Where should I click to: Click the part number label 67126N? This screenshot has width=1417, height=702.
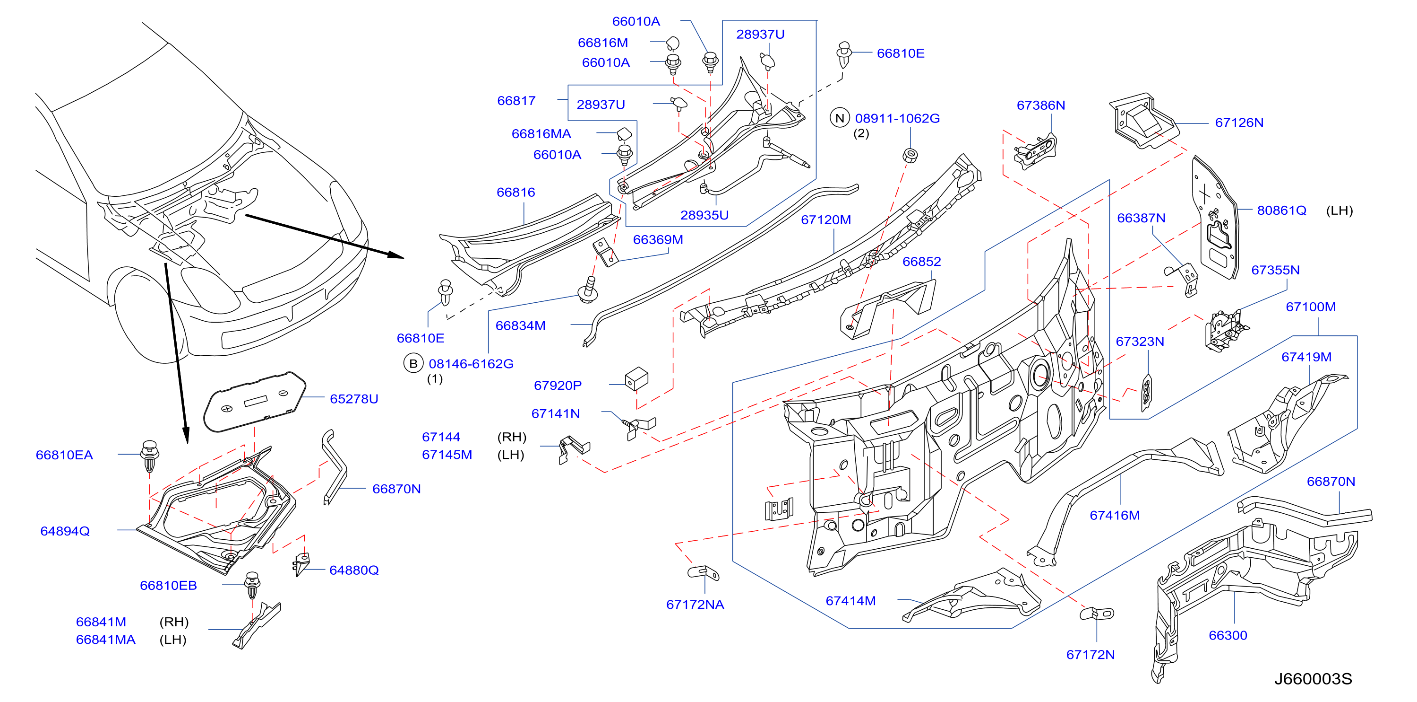point(1239,123)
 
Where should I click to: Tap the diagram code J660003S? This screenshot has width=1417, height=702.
point(1313,679)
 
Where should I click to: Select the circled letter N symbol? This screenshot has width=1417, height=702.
point(840,118)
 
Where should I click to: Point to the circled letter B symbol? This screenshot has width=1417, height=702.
point(413,363)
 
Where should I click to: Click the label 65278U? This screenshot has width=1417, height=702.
point(354,399)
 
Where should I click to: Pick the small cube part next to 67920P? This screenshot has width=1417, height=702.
point(636,379)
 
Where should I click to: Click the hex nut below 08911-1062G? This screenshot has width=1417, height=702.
point(910,155)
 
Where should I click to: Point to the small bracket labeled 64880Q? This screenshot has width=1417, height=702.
point(302,564)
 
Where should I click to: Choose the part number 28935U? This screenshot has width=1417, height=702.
point(704,215)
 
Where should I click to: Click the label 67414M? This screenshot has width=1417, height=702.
point(850,601)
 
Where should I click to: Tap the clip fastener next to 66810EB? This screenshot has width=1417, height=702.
point(252,585)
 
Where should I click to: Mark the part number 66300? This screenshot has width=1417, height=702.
point(1228,635)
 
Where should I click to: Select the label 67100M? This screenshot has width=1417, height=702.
point(1310,307)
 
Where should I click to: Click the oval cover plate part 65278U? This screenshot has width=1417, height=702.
point(254,401)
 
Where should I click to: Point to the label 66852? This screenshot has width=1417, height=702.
point(921,262)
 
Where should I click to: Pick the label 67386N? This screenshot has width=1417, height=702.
point(1041,105)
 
